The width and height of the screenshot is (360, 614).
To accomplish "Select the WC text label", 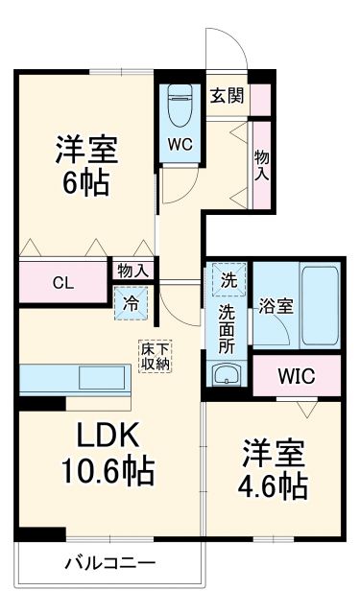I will coord(180,145).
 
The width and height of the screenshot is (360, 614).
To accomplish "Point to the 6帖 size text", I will coord(86,181).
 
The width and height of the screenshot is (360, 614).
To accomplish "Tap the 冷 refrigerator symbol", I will coord(131,304).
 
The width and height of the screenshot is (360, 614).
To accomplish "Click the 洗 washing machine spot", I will coord(228,282).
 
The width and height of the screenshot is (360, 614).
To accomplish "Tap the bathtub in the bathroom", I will coord(320,304).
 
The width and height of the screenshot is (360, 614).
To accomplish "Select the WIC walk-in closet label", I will coord(296,374).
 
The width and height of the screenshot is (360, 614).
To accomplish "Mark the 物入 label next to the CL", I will coord(132,271).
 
